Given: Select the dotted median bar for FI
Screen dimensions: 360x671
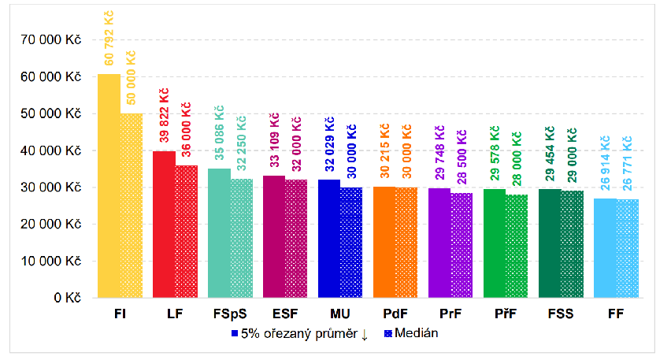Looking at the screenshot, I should (132, 206).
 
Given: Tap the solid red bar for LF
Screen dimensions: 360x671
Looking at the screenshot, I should (164, 225).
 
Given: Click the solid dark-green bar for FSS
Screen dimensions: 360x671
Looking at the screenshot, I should (550, 243).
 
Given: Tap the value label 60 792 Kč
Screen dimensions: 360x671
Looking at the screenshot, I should (109, 39).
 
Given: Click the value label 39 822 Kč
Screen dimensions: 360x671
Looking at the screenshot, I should (164, 117).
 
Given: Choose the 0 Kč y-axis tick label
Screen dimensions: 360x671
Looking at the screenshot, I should (69, 298).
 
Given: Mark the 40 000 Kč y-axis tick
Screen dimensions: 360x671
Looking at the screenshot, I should (56, 150).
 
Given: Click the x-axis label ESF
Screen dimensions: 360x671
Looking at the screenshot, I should (274, 314).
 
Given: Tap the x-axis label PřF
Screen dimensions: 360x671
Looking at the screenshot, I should (495, 314).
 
